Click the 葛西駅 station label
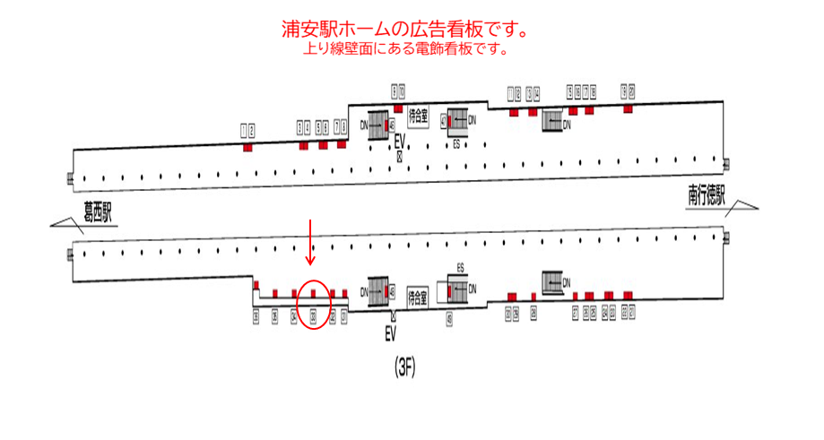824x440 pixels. click(97, 213)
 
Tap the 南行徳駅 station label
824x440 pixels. click(706, 194)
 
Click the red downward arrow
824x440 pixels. click(311, 241)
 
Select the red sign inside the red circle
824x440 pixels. click(313, 292)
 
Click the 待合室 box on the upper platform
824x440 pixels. click(418, 116)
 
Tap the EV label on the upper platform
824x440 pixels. click(401, 141)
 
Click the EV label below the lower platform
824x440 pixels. click(390, 335)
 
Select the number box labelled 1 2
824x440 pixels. click(248, 131)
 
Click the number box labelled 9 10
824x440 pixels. click(398, 90)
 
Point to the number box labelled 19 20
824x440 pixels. click(628, 92)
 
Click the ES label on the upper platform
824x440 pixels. click(457, 142)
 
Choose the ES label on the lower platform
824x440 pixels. click(460, 267)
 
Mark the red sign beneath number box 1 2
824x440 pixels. click(248, 146)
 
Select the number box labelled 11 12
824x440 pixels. click(514, 93)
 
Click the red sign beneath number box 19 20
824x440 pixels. click(628, 109)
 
